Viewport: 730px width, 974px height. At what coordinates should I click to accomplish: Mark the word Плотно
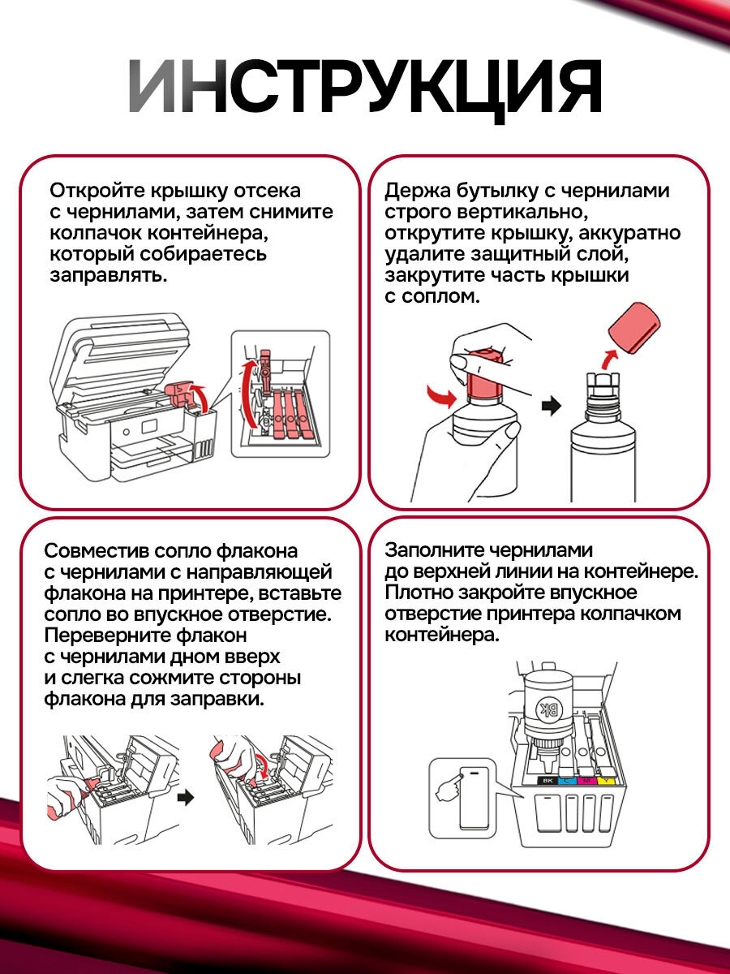click(x=415, y=593)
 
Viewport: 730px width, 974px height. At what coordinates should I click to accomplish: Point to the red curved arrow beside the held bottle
click(x=442, y=396)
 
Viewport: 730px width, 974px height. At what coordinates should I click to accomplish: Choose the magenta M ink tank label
click(x=586, y=781)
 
